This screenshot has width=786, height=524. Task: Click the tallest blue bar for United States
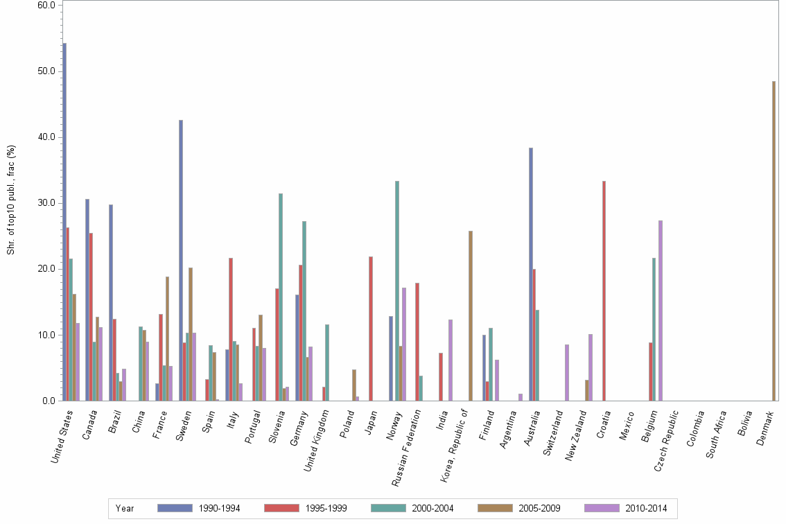64,222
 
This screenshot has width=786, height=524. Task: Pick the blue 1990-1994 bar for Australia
531,274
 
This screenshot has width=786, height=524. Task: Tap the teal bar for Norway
397,290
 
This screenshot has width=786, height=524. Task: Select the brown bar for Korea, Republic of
471,315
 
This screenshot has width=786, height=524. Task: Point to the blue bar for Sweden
181,260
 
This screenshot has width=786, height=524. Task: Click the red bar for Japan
371,329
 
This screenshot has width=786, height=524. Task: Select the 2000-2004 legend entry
415,508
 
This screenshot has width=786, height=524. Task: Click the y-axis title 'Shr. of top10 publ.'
10,200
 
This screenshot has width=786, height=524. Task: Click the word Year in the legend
125,508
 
